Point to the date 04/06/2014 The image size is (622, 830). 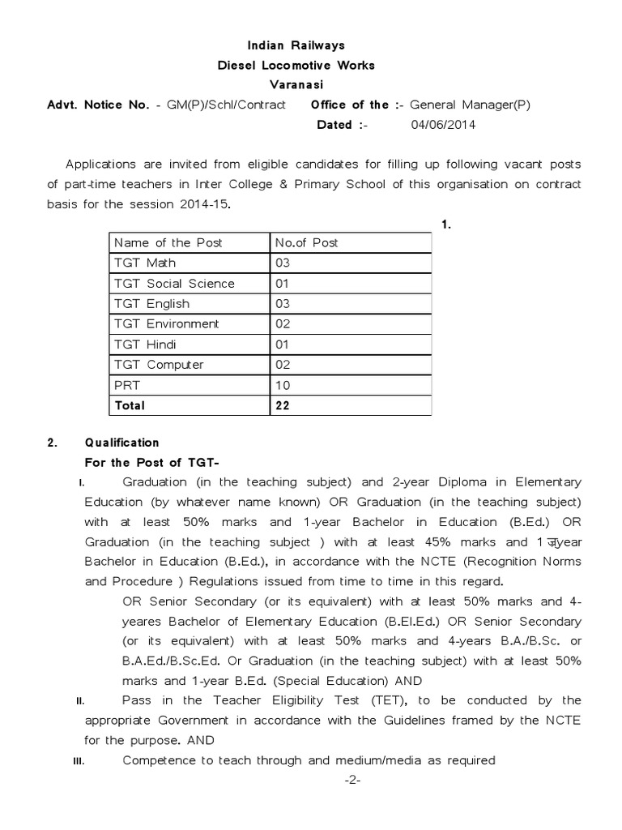(443, 125)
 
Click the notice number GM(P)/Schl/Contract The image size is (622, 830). (226, 105)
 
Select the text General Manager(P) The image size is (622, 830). (470, 105)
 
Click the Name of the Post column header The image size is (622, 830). (168, 242)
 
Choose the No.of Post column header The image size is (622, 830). (307, 242)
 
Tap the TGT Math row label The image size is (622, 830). (145, 263)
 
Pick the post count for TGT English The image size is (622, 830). (283, 303)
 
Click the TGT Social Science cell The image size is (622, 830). (174, 283)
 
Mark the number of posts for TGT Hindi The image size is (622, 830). (283, 344)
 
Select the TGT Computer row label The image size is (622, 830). (159, 365)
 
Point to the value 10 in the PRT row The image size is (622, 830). (283, 385)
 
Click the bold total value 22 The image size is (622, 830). (283, 404)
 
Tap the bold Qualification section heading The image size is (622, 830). (122, 443)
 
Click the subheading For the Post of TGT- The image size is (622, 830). (152, 463)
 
